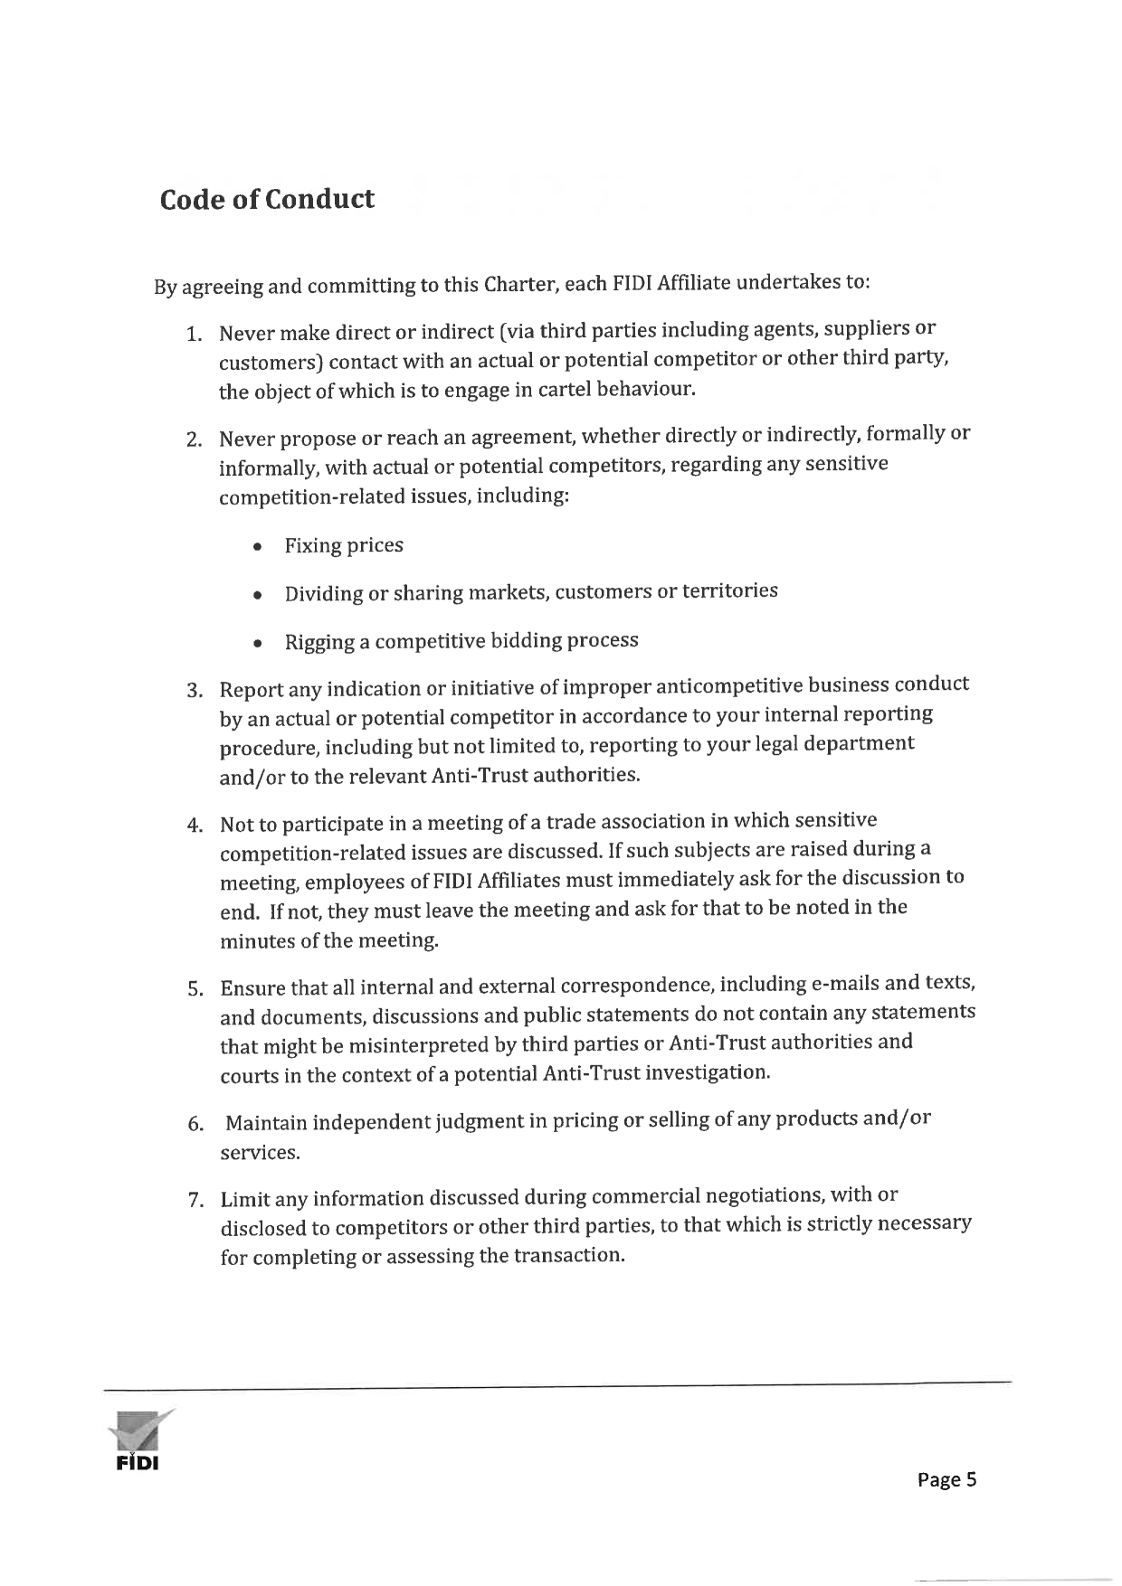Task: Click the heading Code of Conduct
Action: tap(267, 199)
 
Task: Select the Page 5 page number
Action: tap(946, 1479)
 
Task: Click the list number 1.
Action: tap(193, 335)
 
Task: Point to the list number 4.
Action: tap(194, 826)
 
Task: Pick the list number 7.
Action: tap(194, 1201)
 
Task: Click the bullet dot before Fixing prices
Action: tap(259, 548)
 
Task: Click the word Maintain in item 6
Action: tap(267, 1123)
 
